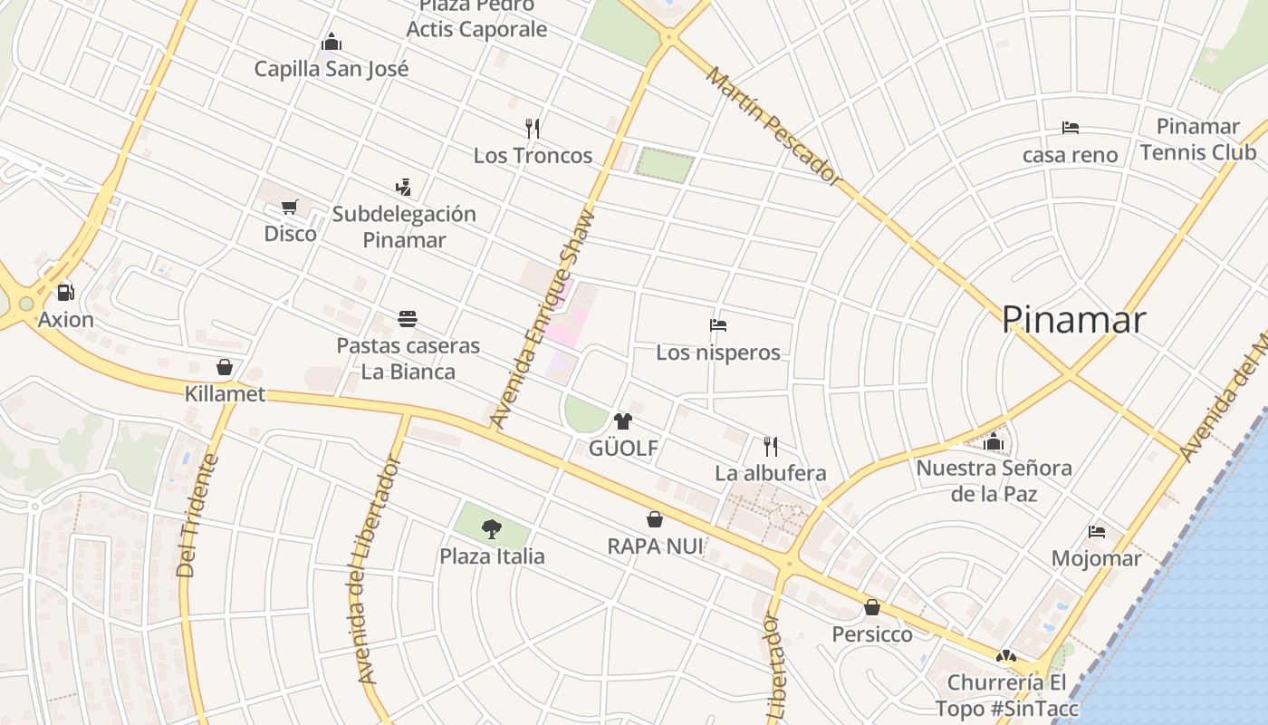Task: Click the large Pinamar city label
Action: click(x=1073, y=320)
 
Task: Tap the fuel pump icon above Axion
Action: click(x=65, y=293)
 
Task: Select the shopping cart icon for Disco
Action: click(x=290, y=208)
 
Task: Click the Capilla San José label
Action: click(x=331, y=69)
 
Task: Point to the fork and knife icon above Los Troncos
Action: click(x=533, y=129)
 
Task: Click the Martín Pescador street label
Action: click(x=774, y=126)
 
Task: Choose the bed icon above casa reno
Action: click(x=1070, y=128)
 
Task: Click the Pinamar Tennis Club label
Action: click(x=1198, y=140)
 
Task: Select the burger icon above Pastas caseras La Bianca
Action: click(x=408, y=319)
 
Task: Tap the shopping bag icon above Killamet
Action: click(x=225, y=367)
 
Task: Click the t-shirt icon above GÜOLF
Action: click(x=622, y=421)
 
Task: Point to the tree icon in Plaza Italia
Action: click(x=492, y=528)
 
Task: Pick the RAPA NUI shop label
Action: click(x=655, y=546)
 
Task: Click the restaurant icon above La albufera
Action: click(x=771, y=446)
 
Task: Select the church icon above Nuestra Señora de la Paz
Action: click(x=994, y=442)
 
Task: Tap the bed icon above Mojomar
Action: click(x=1097, y=532)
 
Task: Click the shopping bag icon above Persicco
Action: click(x=872, y=607)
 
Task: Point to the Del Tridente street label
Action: click(x=198, y=515)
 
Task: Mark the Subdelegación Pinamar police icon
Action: click(x=404, y=188)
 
